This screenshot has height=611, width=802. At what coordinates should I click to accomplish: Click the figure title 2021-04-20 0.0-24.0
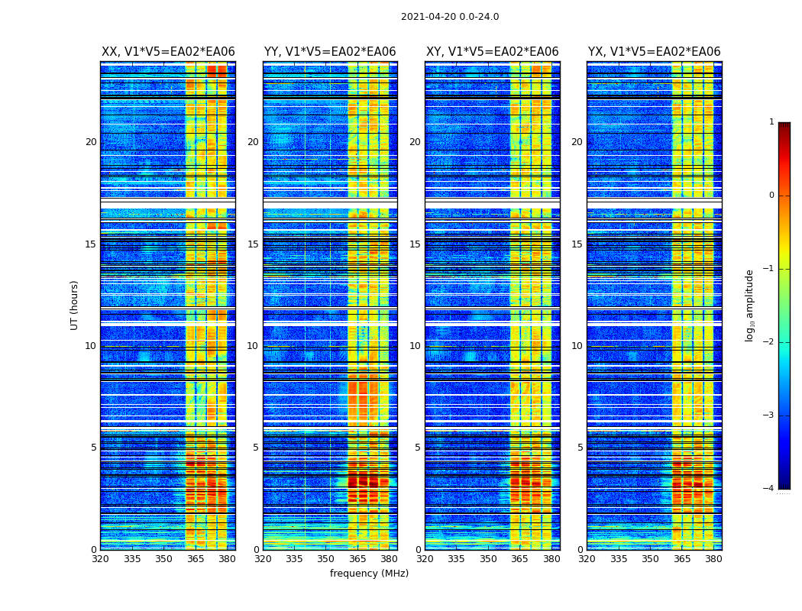tap(450, 17)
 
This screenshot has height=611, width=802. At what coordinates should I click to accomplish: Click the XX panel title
tap(168, 52)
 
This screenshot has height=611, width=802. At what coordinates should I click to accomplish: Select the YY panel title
tap(330, 52)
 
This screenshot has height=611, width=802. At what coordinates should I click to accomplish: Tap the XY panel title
tap(492, 52)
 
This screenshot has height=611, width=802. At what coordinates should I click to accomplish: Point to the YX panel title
tap(654, 52)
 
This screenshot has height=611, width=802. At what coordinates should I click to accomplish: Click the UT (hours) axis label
tap(75, 305)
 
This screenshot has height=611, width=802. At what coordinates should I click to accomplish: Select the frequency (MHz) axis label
tap(369, 574)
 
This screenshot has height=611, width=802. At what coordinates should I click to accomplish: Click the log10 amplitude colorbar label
tap(750, 305)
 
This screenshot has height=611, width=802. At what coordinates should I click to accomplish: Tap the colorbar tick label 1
tap(771, 122)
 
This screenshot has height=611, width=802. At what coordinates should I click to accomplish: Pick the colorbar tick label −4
tap(769, 489)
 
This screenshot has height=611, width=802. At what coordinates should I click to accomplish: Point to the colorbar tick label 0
tap(771, 196)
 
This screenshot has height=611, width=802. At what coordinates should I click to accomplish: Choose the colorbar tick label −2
tap(769, 342)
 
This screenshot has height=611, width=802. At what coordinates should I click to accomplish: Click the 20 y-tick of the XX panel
tap(91, 142)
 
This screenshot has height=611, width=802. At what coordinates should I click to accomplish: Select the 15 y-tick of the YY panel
tap(253, 244)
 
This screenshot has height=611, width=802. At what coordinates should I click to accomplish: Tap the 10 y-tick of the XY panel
tap(415, 346)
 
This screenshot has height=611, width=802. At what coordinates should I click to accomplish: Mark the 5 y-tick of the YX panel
tap(580, 448)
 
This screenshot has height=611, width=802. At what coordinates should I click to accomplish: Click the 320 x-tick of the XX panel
tap(100, 559)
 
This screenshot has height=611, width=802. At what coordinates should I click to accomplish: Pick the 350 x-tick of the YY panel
tap(326, 559)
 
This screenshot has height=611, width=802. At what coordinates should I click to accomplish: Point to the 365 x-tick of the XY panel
tap(519, 559)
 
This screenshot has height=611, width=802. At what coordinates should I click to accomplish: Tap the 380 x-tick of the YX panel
tap(713, 559)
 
